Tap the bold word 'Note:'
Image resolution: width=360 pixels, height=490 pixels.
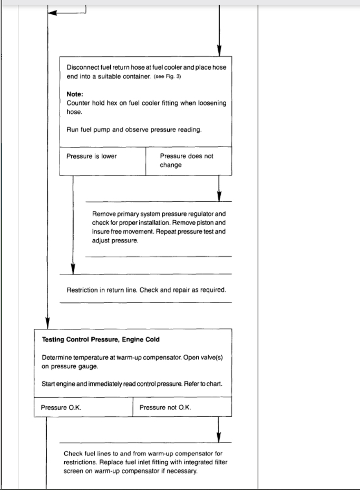click(x=75, y=94)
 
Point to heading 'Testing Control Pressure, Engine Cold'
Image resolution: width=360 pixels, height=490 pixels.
click(x=100, y=339)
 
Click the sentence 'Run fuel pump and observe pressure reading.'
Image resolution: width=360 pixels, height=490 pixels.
click(x=134, y=130)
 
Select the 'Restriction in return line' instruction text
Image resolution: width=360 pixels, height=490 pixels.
click(x=146, y=290)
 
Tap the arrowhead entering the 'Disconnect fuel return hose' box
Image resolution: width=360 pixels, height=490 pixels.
click(x=219, y=51)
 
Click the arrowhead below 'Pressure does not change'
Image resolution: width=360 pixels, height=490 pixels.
click(x=219, y=196)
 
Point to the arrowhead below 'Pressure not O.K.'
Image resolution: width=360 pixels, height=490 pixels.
click(x=219, y=437)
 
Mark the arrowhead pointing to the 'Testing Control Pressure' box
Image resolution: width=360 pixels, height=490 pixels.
click(x=47, y=323)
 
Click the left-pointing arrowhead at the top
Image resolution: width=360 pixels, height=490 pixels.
click(x=52, y=13)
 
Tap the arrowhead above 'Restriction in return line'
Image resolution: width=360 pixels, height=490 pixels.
click(x=73, y=269)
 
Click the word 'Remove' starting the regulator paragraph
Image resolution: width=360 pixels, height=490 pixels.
click(x=103, y=214)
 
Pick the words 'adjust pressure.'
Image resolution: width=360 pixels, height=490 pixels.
click(x=115, y=240)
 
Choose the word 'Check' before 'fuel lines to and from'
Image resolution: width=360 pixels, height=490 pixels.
click(x=73, y=453)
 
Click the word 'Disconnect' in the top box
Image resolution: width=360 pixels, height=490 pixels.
click(x=83, y=67)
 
